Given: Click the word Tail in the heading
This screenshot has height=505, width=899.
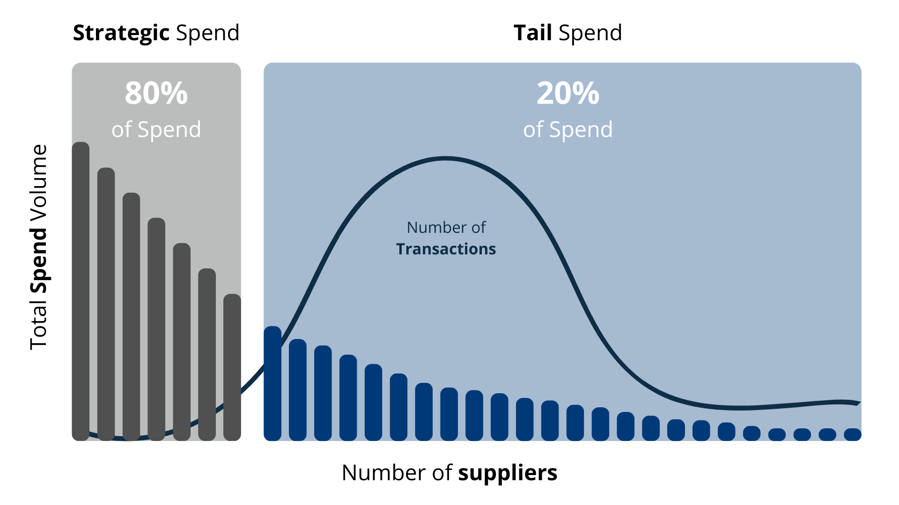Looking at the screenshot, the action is click(533, 33).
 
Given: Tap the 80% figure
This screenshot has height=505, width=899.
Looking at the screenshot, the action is click(156, 93).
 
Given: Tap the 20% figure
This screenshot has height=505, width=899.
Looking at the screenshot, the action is click(568, 93).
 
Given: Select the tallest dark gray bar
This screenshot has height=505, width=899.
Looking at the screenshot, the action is click(81, 291).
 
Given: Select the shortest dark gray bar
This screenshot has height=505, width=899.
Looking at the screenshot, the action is click(232, 367).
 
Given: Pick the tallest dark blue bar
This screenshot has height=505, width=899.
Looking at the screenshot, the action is click(273, 383).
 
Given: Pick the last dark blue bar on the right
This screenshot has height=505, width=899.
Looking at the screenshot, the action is click(853, 434).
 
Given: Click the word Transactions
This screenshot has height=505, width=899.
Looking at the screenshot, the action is click(446, 249).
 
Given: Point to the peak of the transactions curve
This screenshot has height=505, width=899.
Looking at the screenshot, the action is click(445, 159).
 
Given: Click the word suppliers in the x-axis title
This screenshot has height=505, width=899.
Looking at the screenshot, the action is click(508, 473).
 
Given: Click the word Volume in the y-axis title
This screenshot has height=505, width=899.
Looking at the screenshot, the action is click(39, 182).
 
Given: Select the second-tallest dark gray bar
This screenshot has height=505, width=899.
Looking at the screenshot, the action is click(106, 304).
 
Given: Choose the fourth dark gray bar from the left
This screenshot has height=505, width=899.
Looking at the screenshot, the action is click(156, 329).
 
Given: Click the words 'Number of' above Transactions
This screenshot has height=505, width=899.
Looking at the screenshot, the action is click(446, 228).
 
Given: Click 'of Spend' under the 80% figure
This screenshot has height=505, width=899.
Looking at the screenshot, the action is click(156, 130).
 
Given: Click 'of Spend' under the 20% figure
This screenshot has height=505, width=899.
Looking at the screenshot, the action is click(568, 130).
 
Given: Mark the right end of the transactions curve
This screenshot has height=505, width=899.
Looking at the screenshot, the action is click(859, 403).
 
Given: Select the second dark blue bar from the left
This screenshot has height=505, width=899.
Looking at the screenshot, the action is click(298, 390).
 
